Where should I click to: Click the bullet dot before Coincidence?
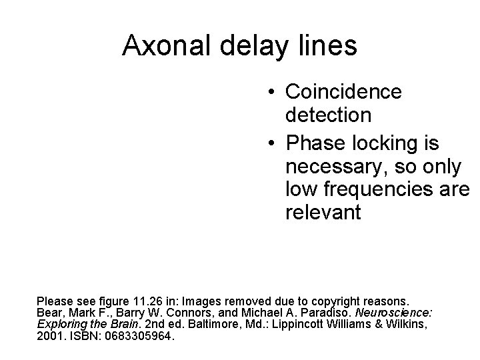coord(268,92)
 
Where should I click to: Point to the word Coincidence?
coord(343,91)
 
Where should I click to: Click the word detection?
coord(328,115)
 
